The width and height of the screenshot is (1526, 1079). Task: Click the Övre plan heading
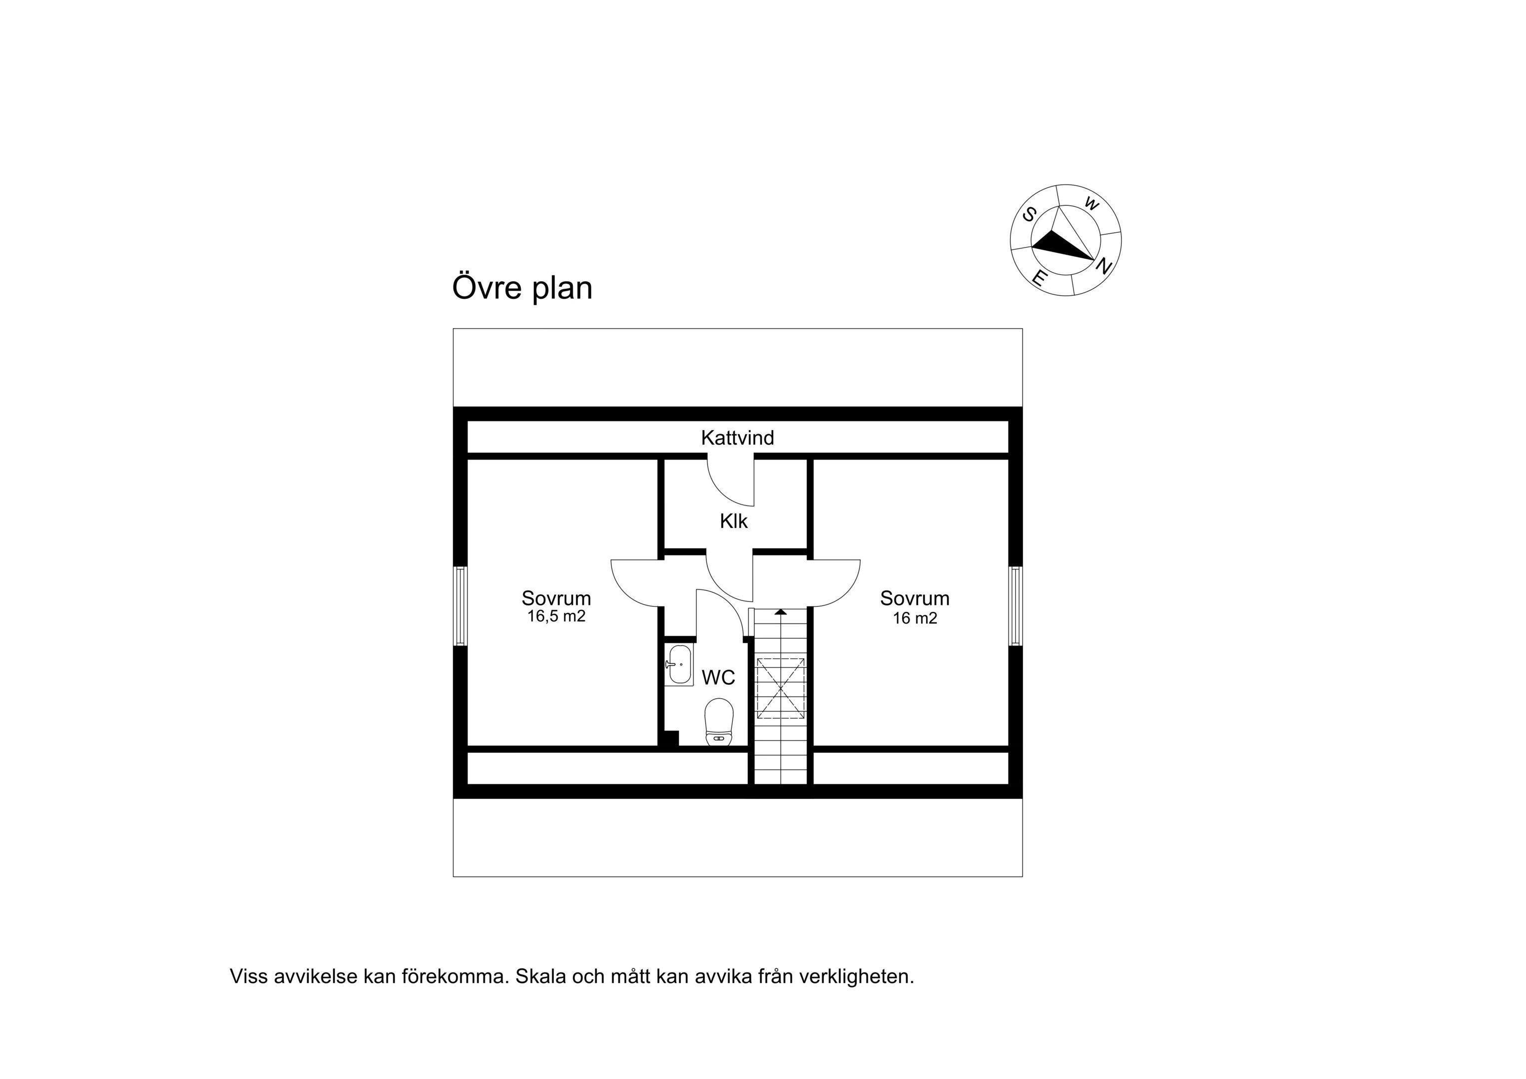[522, 288]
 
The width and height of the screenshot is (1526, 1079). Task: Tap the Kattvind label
[737, 438]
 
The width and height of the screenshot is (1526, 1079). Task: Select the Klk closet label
[734, 521]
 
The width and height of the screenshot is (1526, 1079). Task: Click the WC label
[718, 677]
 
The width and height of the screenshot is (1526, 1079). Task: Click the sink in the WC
[679, 665]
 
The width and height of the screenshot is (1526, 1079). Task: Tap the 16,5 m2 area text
[556, 616]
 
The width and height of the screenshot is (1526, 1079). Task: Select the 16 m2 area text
[915, 618]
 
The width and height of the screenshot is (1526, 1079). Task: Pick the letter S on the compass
[1029, 215]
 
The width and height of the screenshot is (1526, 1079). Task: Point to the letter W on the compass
[1091, 203]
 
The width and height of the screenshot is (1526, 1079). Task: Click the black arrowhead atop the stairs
[780, 611]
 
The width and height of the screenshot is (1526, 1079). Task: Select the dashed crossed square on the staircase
[780, 689]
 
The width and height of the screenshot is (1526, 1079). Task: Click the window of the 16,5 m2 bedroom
[460, 605]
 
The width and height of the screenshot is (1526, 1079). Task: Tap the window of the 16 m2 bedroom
[1015, 605]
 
